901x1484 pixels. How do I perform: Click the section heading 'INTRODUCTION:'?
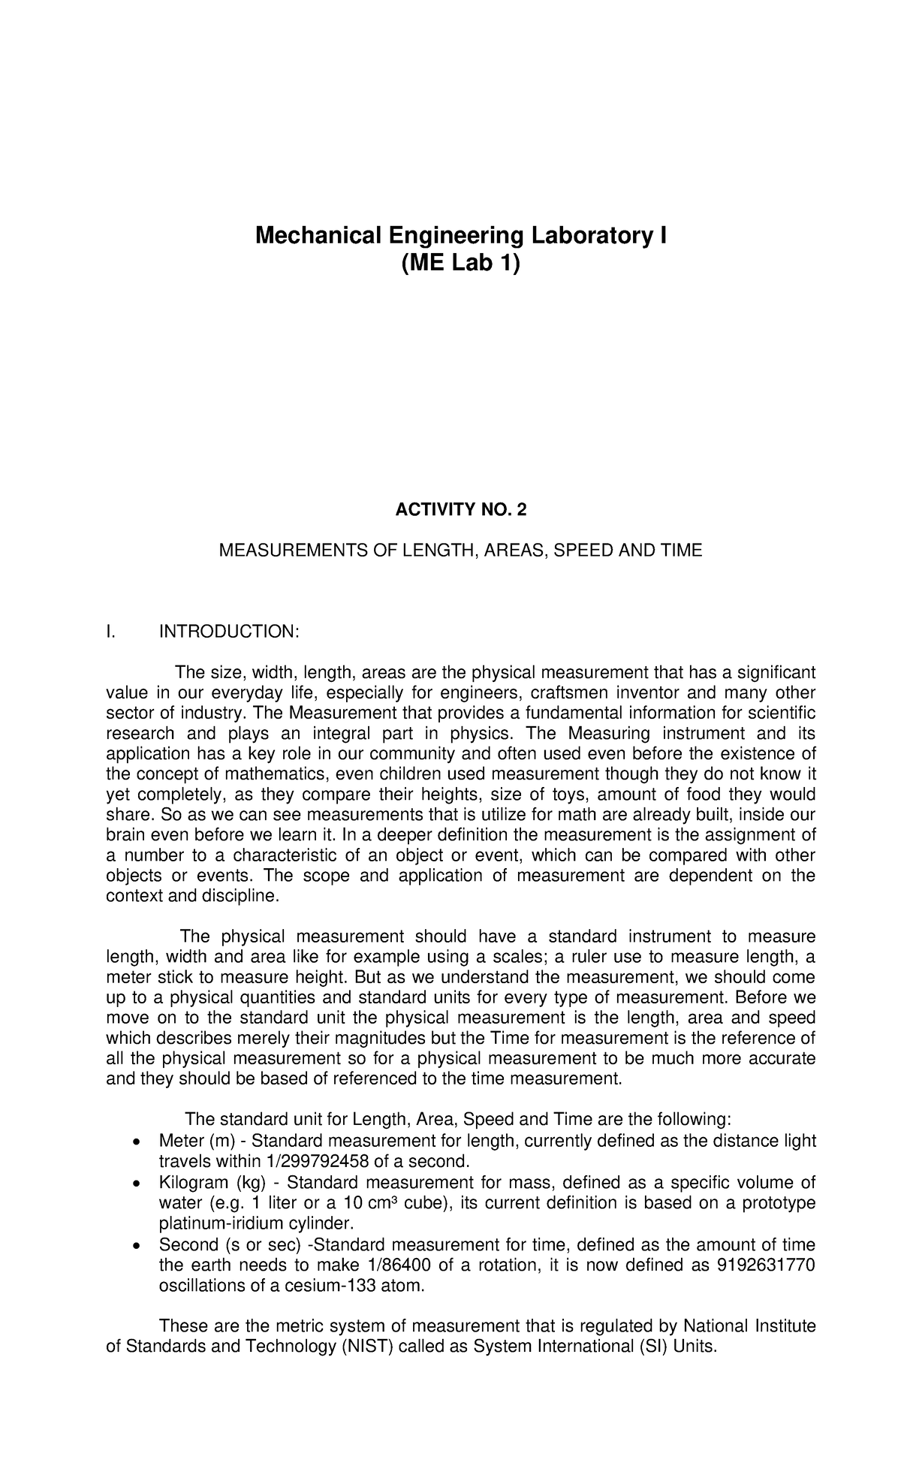(229, 632)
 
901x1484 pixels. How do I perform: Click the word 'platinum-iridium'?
(219, 1223)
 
